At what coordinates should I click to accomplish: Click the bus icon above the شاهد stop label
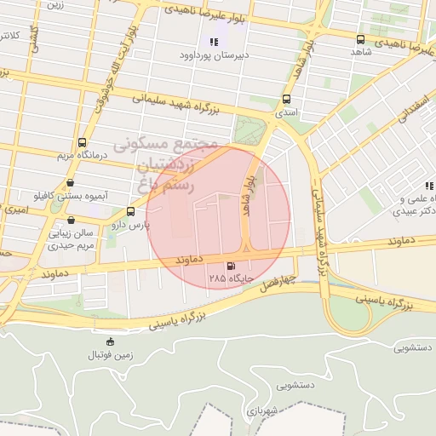pos(360,39)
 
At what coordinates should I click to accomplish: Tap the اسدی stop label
pos(285,112)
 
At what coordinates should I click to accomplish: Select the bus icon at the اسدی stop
pos(286,99)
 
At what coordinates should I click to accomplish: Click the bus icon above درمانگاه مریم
pos(82,142)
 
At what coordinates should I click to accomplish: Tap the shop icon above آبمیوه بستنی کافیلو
pos(69,182)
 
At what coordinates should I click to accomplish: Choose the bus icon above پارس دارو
pos(130,211)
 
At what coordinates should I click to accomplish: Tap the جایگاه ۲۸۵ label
pos(229,278)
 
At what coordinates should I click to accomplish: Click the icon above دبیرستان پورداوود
pos(213,43)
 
